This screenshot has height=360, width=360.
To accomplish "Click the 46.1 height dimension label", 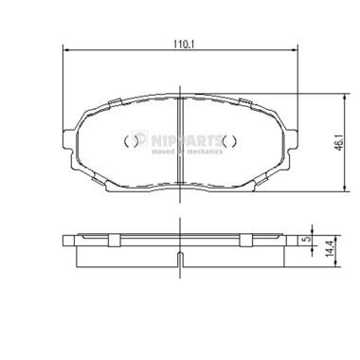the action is coord(339,143).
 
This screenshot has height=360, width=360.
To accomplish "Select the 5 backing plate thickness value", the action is coord(305,239).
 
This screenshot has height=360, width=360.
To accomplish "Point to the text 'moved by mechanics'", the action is coord(187,152).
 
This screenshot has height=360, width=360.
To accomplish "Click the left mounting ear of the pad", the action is coord(70,139).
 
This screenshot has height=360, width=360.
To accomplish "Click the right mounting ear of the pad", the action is coord(291,139).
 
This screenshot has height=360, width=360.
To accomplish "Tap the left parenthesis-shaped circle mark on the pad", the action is coord(131,141).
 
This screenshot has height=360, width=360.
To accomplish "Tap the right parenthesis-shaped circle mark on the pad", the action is coord(229,141).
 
